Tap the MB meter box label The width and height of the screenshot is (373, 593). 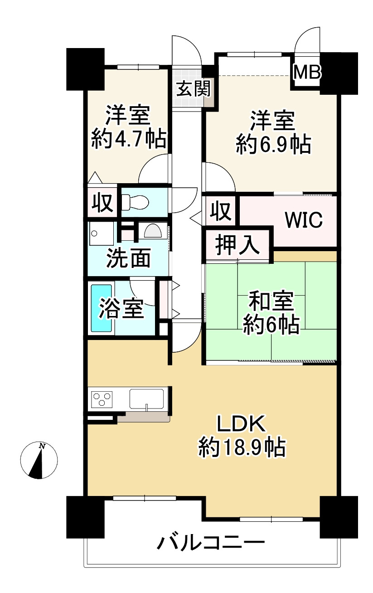coord(307,72)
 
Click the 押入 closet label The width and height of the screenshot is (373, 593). coord(237,245)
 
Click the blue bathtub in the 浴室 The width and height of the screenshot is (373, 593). coord(102,308)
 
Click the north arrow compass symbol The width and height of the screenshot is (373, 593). coord(39,460)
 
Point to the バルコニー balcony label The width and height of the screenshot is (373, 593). coord(210,543)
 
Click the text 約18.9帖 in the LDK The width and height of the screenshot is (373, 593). coord(241,448)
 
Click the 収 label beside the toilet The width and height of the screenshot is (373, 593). coord(102,202)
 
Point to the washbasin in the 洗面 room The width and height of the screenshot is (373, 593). coord(153,231)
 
